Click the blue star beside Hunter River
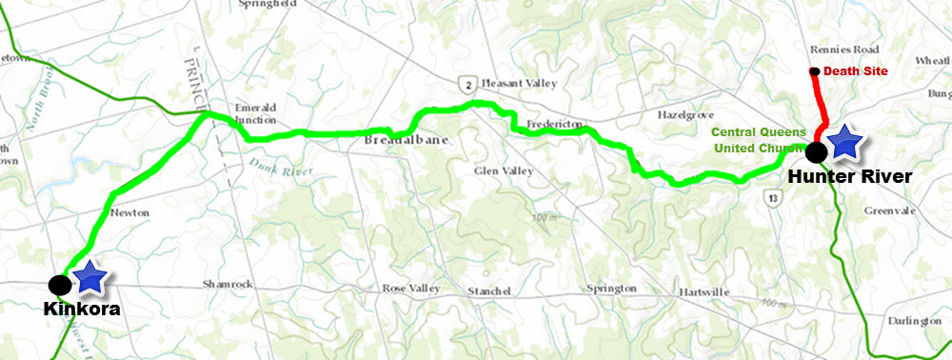[x=844, y=143]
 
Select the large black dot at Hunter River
[x=815, y=150]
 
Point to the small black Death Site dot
[x=814, y=71]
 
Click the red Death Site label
[x=854, y=70]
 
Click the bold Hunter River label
[x=850, y=176]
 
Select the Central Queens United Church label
[x=761, y=140]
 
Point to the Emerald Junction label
[x=255, y=115]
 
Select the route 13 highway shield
[x=776, y=197]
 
